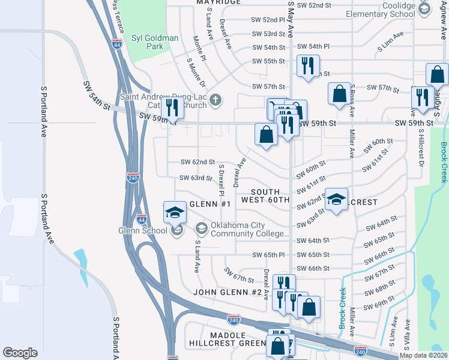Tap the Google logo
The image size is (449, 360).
click(20, 353)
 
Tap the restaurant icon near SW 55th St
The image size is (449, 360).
click(308, 65)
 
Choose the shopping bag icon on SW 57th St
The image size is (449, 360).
click(339, 94)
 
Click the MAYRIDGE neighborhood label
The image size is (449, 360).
click(218, 2)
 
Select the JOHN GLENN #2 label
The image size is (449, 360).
click(228, 292)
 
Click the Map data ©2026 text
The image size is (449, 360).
click(423, 355)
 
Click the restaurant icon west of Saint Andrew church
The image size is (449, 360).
click(172, 108)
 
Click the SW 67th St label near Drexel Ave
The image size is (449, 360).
click(240, 278)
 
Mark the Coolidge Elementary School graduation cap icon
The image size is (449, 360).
click(424, 8)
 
